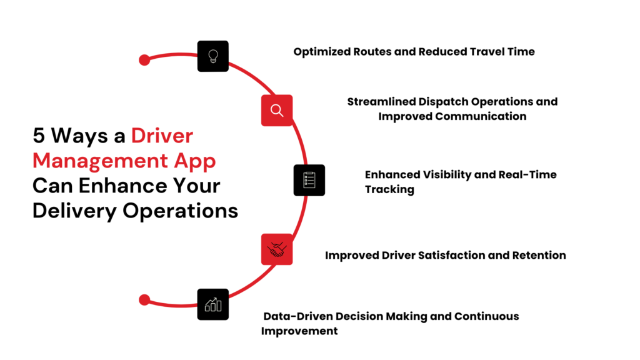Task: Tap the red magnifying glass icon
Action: [277, 111]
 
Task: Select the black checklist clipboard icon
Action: [309, 180]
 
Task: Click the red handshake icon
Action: [277, 250]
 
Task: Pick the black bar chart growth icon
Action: [213, 304]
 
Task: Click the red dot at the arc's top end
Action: [144, 60]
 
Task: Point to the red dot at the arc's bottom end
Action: [144, 300]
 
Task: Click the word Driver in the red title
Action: [162, 136]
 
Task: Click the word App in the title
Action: [197, 161]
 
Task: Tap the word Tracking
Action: [389, 189]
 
